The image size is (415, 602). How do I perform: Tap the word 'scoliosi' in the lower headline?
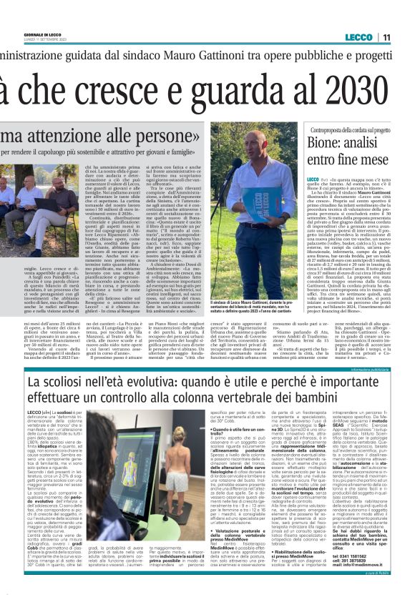(72, 384)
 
